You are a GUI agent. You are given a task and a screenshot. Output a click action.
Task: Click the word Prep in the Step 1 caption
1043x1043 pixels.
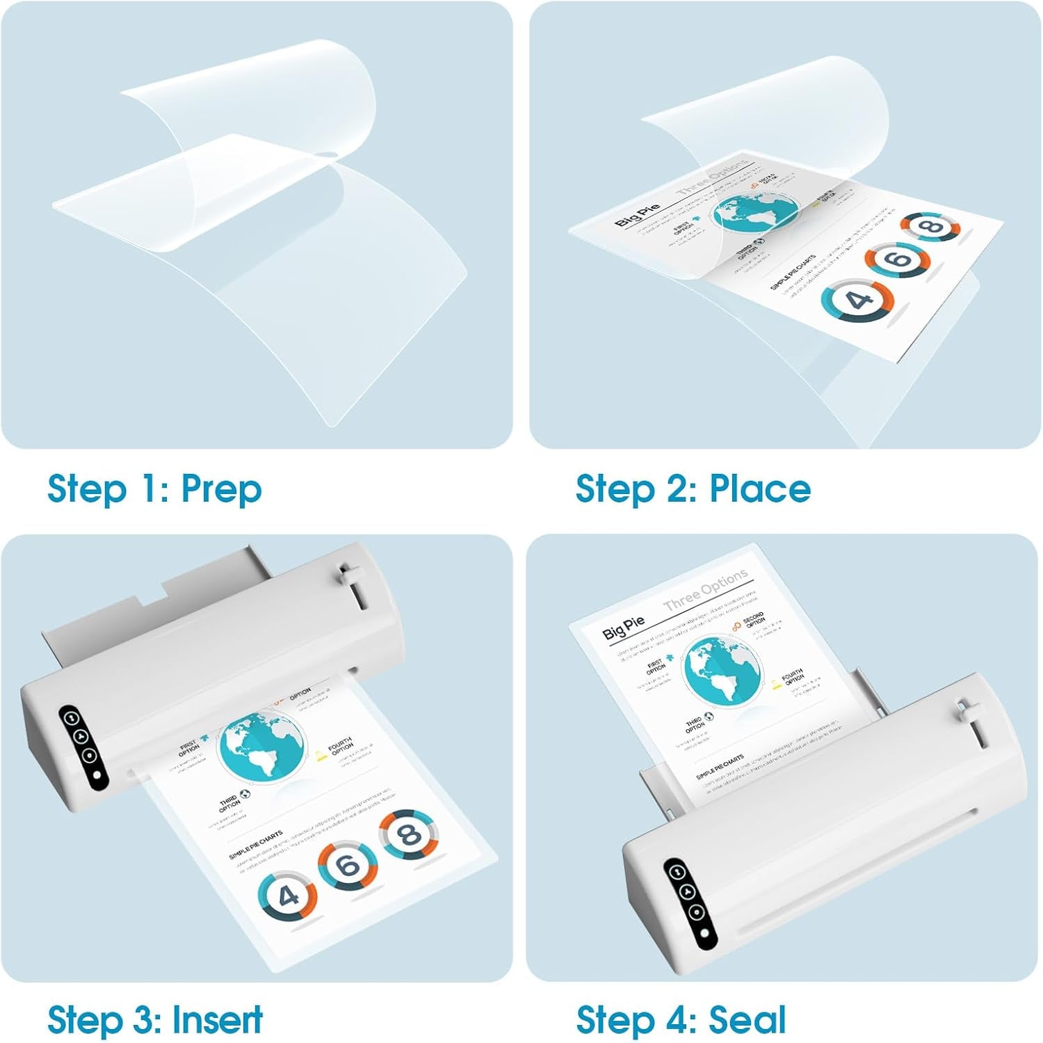[x=221, y=489]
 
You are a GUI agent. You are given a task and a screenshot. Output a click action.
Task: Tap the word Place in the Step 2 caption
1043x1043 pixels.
[x=760, y=489]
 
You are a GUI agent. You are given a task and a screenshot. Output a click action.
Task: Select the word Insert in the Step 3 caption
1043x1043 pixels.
[x=218, y=1020]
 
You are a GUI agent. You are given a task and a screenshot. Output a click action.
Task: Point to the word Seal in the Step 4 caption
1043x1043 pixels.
[x=747, y=1020]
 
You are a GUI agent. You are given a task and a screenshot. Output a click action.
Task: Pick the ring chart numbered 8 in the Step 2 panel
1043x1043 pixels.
[x=931, y=226]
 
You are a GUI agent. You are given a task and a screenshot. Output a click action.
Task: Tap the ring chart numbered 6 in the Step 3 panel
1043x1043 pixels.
[x=348, y=866]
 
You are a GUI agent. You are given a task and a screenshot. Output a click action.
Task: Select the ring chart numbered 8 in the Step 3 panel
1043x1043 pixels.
[x=409, y=834]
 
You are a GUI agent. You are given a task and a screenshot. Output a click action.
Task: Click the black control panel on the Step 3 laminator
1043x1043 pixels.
[x=83, y=748]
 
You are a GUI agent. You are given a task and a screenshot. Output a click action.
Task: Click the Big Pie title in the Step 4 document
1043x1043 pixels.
[x=623, y=628]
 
